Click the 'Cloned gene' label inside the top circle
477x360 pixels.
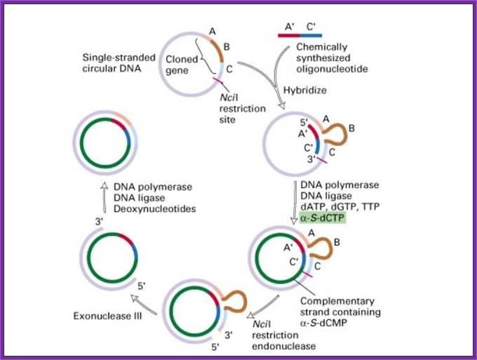point(182,65)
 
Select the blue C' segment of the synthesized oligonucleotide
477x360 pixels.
point(312,34)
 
